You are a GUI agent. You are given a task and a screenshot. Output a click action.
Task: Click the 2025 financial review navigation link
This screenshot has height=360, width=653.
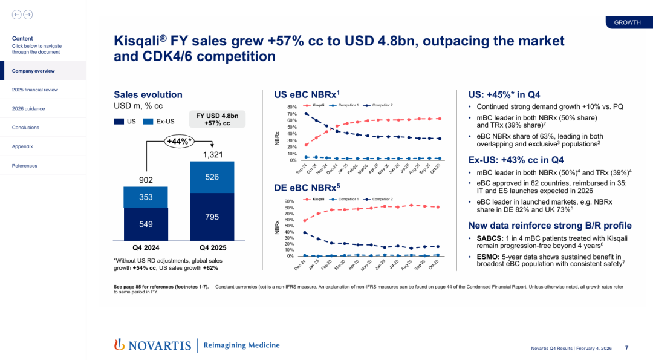(x=34, y=90)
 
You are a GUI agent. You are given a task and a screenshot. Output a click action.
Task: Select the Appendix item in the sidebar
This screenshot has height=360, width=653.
(x=22, y=146)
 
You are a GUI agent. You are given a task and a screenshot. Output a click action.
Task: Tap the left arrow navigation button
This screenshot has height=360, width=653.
(x=16, y=15)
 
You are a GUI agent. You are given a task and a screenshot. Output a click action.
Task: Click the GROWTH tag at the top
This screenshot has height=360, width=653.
(x=627, y=22)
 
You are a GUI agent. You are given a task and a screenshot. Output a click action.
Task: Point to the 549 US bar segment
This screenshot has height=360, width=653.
(x=146, y=224)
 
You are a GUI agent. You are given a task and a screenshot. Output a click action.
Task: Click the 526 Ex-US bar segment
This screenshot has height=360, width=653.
(x=212, y=177)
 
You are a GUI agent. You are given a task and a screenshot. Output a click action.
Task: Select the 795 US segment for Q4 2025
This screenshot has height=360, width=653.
(x=212, y=217)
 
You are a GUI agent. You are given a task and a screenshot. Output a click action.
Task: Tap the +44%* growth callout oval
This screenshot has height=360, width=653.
(x=180, y=142)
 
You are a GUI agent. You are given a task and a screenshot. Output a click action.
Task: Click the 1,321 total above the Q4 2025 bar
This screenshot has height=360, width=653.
(x=212, y=155)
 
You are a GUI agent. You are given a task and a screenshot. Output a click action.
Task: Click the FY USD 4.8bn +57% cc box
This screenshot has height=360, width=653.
(x=218, y=119)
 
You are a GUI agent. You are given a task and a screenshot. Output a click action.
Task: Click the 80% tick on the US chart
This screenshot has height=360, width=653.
(x=292, y=107)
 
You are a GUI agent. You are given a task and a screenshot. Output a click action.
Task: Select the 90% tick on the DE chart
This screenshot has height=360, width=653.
(x=290, y=201)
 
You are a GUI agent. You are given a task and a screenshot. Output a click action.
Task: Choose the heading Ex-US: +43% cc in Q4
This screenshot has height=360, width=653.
(x=516, y=160)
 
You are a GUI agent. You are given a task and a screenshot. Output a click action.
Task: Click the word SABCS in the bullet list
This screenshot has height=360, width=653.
(x=490, y=239)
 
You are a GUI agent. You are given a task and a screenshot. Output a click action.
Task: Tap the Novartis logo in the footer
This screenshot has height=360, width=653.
(x=152, y=345)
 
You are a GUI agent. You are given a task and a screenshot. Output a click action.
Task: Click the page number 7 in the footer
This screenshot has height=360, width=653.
(x=626, y=348)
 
